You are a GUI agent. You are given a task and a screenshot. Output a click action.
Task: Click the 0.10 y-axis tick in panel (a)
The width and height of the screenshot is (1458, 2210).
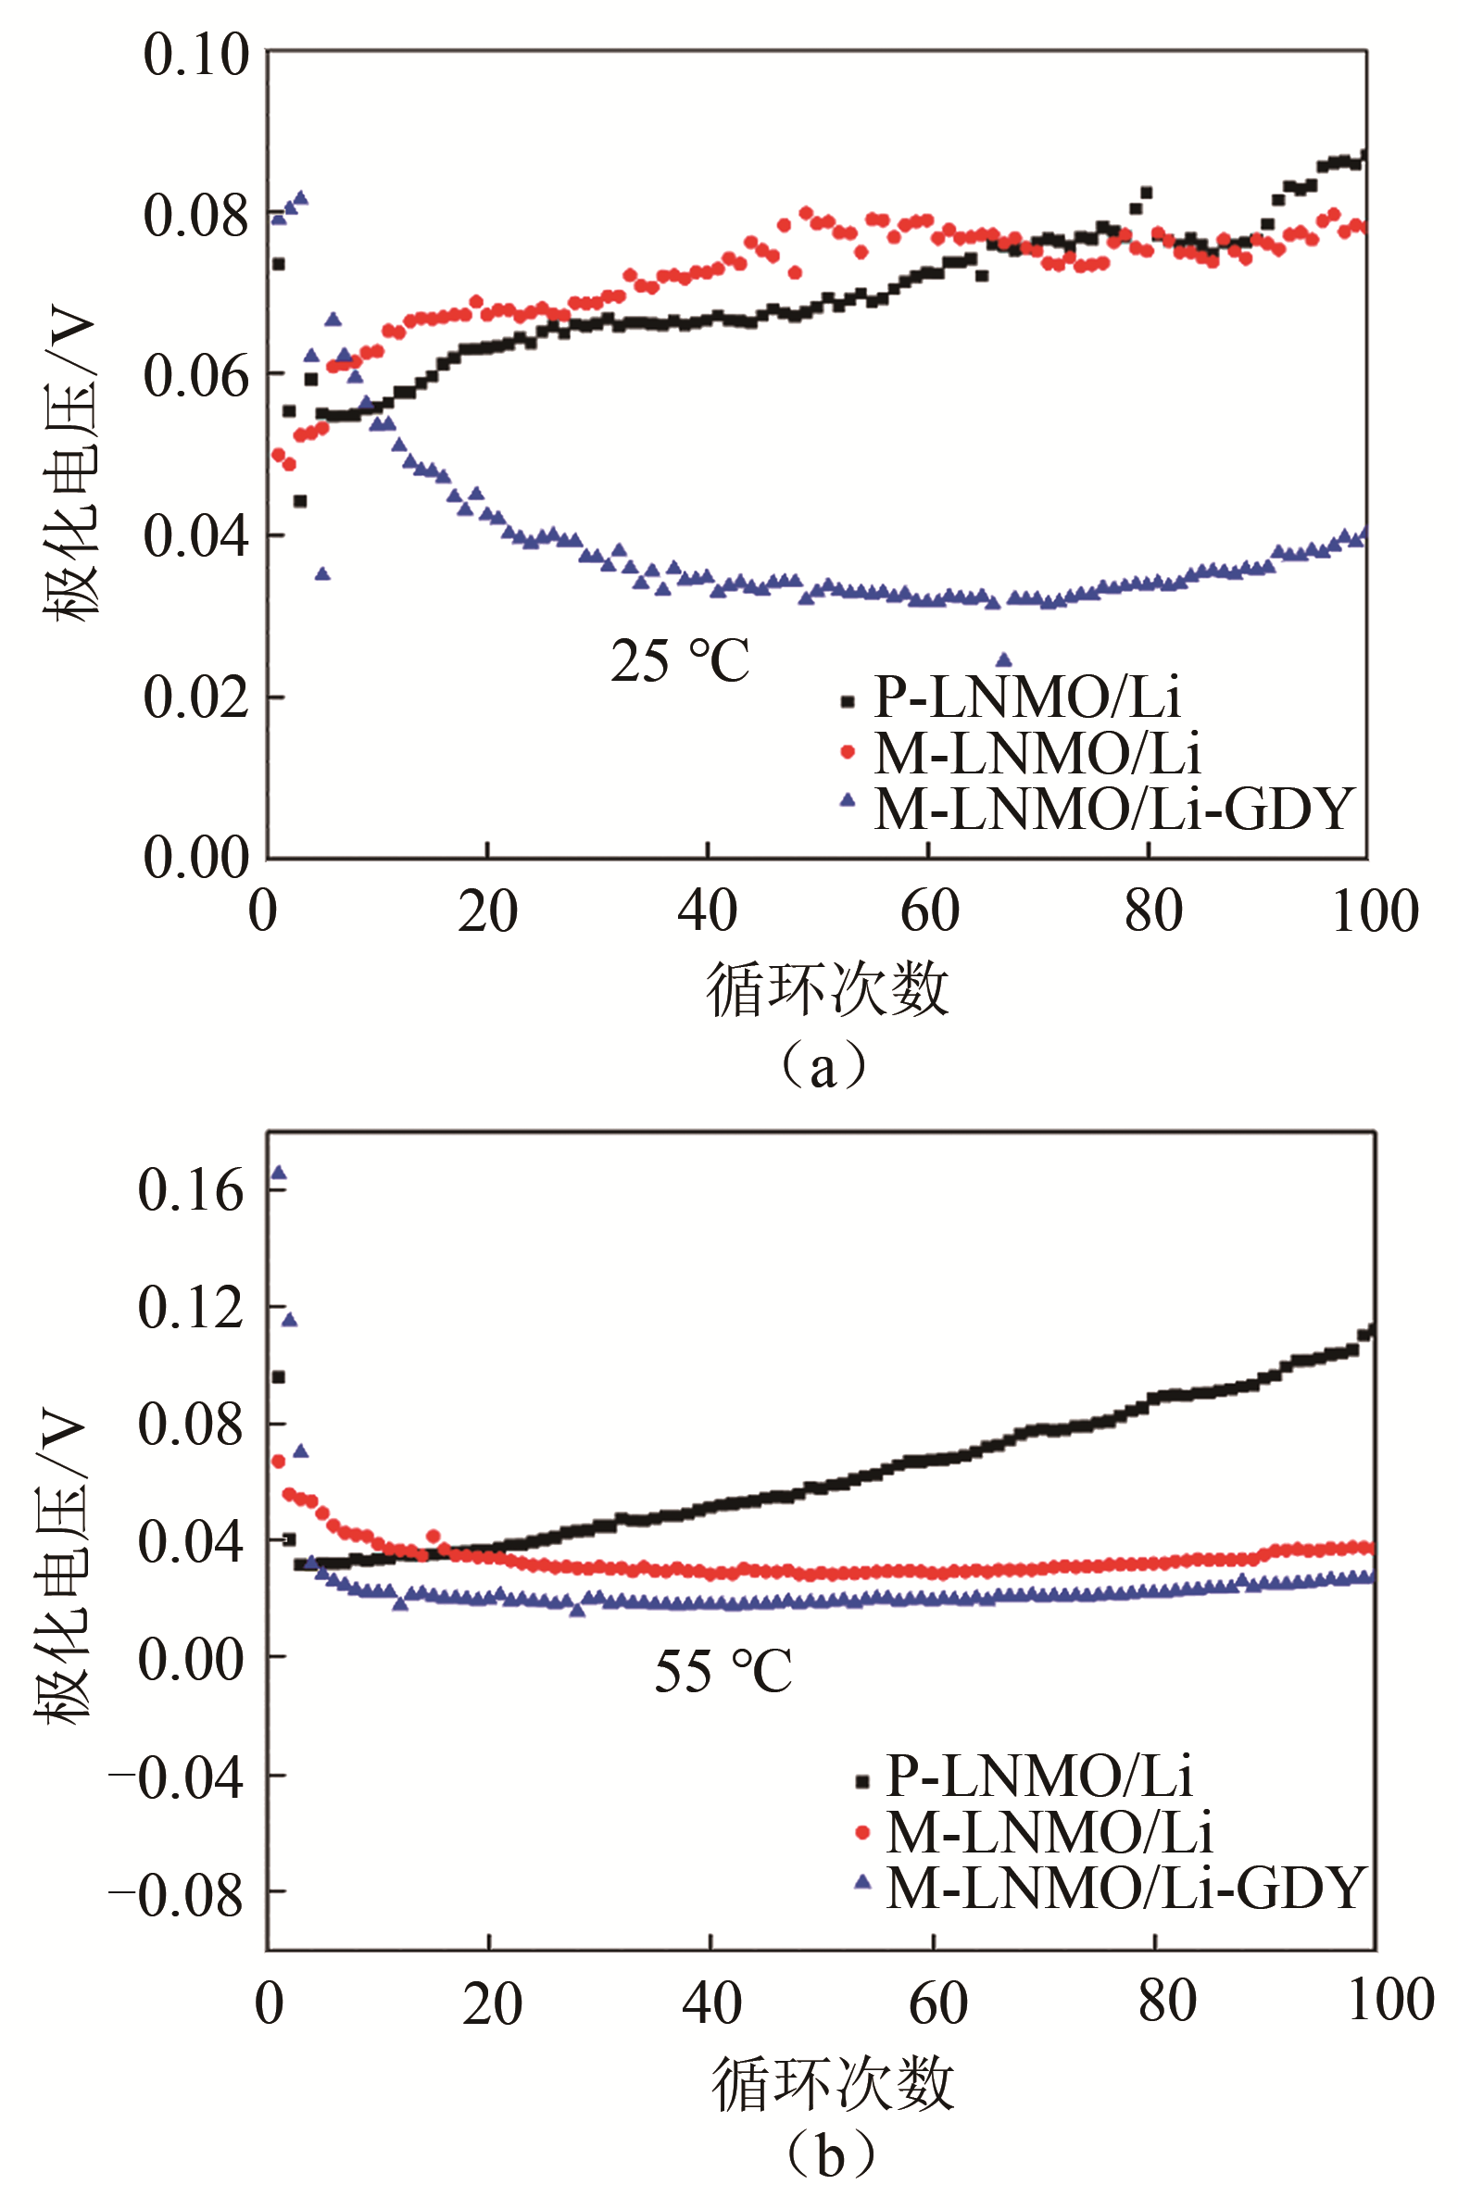[196, 56]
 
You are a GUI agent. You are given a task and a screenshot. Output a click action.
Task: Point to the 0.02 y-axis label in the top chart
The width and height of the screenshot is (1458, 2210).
[196, 697]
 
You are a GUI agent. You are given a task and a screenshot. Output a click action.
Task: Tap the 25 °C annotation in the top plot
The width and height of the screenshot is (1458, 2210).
[680, 661]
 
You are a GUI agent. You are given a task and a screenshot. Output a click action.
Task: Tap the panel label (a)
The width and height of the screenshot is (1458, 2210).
[823, 1067]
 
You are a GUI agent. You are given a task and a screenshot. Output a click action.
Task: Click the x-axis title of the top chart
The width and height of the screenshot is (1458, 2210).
[826, 989]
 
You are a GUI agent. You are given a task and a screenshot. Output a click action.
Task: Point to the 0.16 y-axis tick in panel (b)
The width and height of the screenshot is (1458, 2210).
[190, 1191]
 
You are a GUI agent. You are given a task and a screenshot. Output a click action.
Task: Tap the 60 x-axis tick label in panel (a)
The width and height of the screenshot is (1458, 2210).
[929, 912]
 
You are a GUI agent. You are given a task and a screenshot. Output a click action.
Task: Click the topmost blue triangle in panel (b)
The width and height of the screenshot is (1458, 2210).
[278, 1174]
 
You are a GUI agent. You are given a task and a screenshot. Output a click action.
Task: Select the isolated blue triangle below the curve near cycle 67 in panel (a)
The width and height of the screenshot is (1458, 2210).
[1003, 661]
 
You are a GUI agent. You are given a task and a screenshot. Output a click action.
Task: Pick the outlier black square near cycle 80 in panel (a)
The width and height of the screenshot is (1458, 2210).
[1147, 194]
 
